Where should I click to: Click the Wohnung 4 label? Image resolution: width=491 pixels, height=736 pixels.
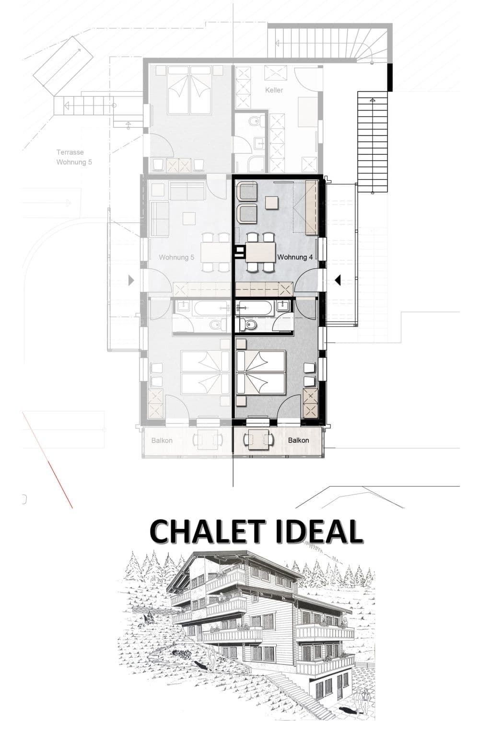[294, 257]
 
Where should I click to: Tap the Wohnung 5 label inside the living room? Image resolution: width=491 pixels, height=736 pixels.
[176, 257]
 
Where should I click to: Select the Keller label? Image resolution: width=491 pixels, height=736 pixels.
[274, 90]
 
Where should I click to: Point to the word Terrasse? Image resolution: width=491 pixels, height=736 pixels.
[70, 152]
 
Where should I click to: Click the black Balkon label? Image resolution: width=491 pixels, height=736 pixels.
[298, 440]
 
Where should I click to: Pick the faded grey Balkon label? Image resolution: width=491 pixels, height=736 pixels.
[162, 440]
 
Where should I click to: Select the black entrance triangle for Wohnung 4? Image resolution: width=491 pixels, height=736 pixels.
[337, 280]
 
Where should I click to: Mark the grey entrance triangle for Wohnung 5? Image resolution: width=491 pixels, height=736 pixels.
[131, 280]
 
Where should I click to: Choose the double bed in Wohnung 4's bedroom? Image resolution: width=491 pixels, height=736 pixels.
[260, 372]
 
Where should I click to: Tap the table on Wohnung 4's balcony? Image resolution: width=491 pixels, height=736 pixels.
[258, 439]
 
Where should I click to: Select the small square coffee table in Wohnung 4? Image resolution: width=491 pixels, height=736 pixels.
[272, 203]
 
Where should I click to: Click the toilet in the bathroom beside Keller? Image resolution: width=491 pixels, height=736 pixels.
[252, 122]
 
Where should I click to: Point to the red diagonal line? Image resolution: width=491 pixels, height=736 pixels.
[47, 460]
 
